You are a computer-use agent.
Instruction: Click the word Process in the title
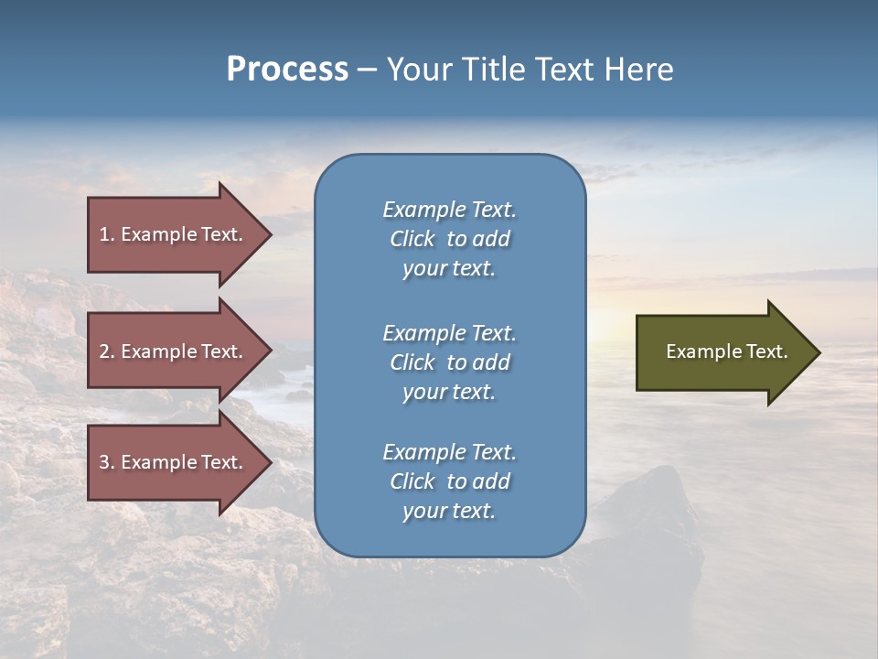point(287,70)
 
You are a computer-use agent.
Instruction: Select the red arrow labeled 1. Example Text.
point(174,234)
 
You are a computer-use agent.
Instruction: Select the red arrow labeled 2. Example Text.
point(174,351)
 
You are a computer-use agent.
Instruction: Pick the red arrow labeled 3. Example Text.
point(174,462)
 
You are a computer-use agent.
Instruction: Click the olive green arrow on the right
point(723,351)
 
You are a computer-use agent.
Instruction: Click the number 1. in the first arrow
point(107,234)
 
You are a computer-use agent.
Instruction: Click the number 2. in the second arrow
point(107,351)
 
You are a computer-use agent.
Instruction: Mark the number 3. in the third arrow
point(107,462)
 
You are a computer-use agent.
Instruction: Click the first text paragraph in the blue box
point(449,239)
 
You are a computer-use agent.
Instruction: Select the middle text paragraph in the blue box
point(449,362)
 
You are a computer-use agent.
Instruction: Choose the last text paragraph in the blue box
point(449,481)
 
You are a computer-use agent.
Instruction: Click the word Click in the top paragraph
point(412,239)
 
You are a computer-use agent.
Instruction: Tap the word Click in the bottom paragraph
point(412,481)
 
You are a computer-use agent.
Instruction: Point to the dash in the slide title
point(367,70)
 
